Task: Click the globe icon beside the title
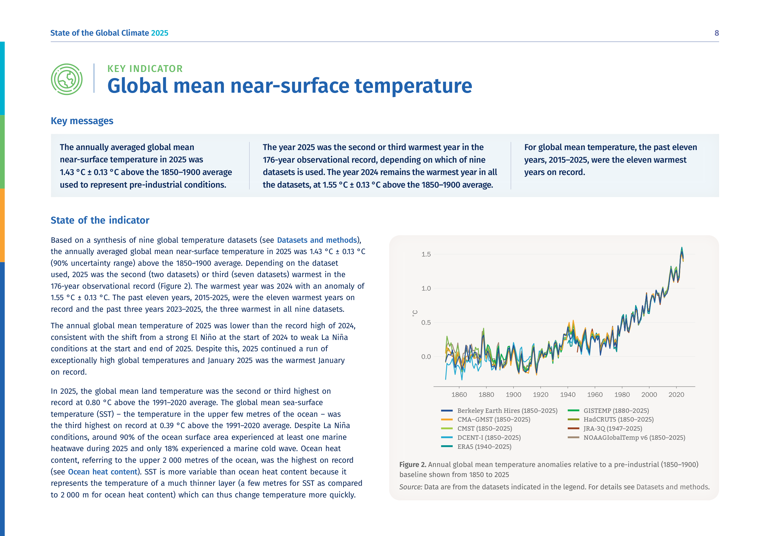tap(67, 79)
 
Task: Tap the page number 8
tap(717, 33)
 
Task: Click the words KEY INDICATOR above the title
tap(145, 69)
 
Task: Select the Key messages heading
tap(82, 121)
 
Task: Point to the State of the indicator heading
tap(100, 220)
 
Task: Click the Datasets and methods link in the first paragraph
tap(317, 240)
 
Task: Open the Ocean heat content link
tap(103, 472)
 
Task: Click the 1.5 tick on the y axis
tap(426, 254)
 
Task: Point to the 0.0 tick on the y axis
tap(426, 356)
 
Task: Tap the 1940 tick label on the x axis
tap(567, 394)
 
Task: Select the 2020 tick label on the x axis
tap(676, 394)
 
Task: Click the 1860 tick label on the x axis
tap(459, 394)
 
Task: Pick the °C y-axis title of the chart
tap(415, 313)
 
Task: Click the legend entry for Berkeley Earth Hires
tap(499, 411)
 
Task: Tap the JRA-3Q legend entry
tap(605, 428)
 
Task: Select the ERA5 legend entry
tap(476, 447)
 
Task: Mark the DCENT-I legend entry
tap(481, 437)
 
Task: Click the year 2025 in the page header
tap(159, 33)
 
